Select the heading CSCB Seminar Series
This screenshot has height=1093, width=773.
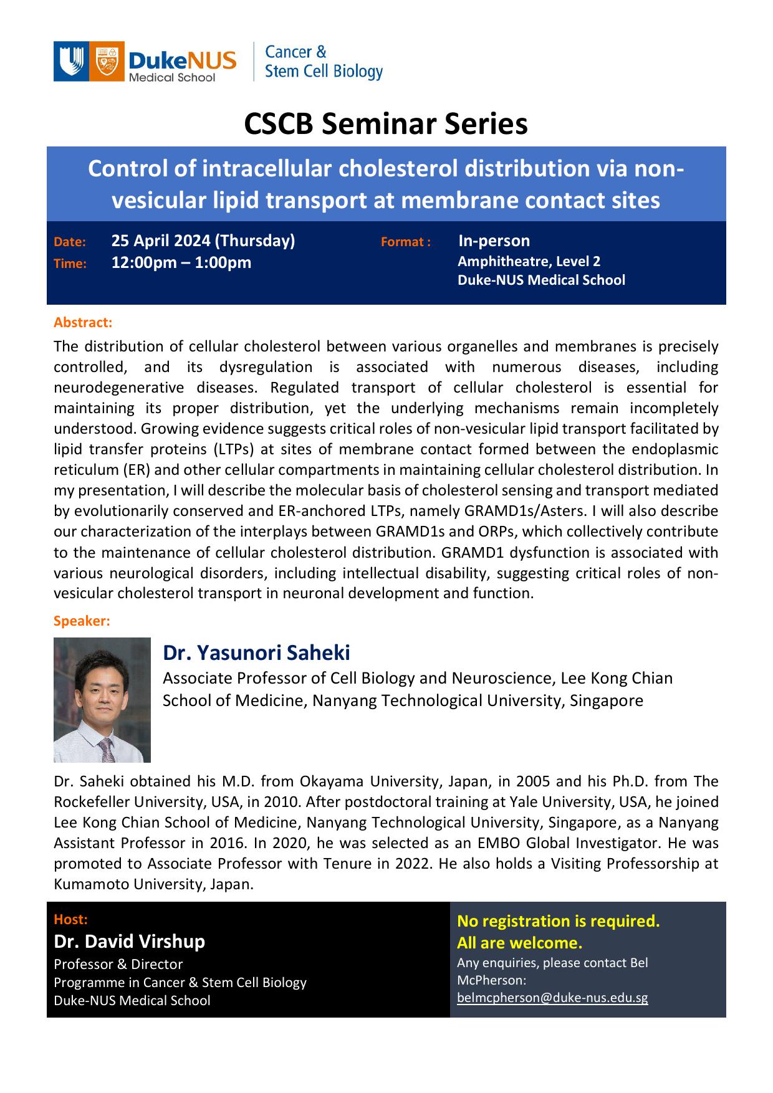click(386, 123)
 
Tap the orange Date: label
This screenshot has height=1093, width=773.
click(70, 242)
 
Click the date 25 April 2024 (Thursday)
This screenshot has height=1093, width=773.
click(203, 241)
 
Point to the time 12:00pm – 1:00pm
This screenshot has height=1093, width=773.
click(181, 262)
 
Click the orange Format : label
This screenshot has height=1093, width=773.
click(406, 242)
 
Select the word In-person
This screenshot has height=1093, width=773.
click(494, 241)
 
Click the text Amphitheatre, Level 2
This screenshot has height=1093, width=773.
click(529, 261)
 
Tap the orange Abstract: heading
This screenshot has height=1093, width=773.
click(83, 322)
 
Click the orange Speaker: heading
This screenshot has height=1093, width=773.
click(82, 621)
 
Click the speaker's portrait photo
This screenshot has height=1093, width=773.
click(102, 699)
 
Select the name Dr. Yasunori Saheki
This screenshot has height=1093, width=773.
click(256, 652)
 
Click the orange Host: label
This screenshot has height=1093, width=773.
click(70, 919)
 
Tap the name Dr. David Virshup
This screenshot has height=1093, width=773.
click(129, 941)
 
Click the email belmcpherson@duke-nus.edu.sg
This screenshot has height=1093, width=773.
click(552, 997)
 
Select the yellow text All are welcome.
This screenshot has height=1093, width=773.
click(519, 942)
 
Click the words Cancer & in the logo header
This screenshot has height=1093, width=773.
click(295, 52)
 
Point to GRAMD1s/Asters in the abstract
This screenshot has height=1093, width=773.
click(526, 511)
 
